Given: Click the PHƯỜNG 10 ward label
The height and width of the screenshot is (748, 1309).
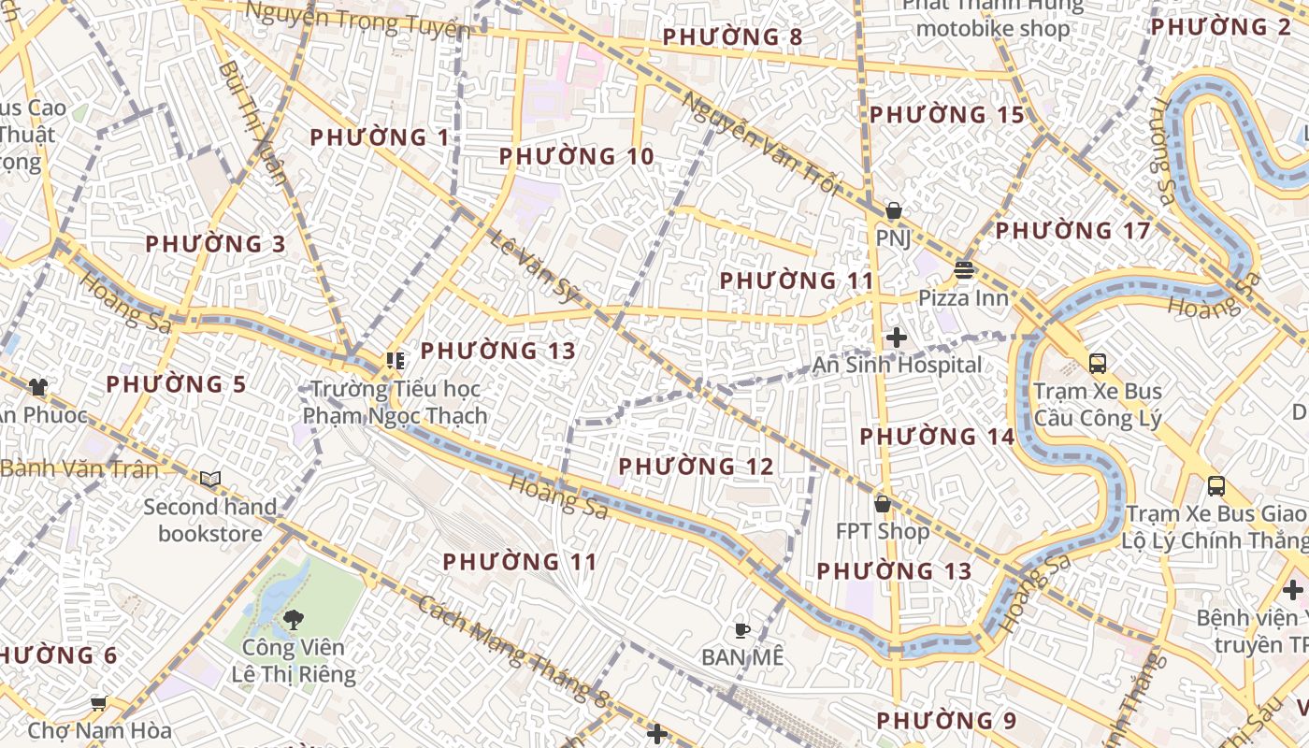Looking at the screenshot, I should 576,156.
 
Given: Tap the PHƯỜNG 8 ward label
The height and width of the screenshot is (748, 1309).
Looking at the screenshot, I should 733,37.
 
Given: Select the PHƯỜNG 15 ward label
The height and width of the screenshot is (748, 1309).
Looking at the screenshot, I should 947,115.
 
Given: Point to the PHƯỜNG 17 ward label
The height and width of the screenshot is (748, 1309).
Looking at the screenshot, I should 1072,230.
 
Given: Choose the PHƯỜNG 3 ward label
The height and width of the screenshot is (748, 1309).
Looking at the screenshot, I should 215,244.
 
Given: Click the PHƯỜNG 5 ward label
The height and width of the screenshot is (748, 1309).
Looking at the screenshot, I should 176,384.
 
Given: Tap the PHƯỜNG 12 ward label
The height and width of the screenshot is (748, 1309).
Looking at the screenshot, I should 697,466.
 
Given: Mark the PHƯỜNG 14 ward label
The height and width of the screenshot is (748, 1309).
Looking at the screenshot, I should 937,437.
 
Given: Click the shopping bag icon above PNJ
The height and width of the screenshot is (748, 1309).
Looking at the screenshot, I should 894,210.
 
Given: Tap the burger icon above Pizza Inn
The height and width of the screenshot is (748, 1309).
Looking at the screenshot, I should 963,270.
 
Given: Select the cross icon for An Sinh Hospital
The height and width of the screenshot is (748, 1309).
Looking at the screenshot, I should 896,337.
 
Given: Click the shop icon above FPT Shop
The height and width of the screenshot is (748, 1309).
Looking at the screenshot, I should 882,504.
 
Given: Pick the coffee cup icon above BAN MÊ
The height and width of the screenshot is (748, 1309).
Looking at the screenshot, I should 742,629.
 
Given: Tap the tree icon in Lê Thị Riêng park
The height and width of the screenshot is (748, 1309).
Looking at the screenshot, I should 293,618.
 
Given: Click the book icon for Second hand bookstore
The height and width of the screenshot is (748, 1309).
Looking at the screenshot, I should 210,480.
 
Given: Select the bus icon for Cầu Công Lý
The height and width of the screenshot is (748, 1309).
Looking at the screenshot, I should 1098,363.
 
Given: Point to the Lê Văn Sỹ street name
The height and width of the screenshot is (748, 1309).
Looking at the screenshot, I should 535,266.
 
